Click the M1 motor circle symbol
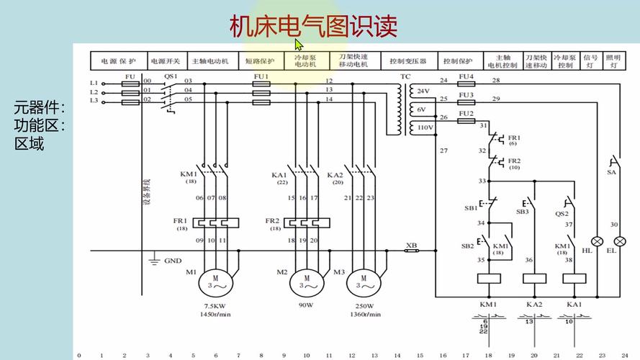216,282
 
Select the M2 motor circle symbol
306,282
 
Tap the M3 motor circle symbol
362,282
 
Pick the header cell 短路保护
260,61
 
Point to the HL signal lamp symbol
597,241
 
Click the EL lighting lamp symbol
613,241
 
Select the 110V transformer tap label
422,127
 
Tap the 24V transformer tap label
423,91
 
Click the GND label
173,261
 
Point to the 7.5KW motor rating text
216,305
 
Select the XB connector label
412,245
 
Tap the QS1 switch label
171,76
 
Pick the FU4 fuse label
466,76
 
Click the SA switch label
612,173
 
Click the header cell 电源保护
118,61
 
